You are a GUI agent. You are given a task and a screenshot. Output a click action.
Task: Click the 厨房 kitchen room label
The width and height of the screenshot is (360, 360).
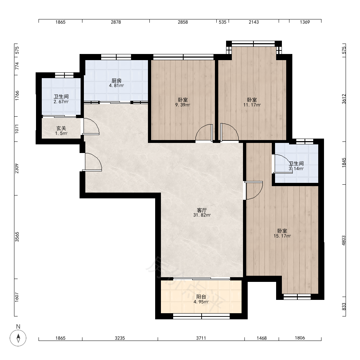[x=116, y=81]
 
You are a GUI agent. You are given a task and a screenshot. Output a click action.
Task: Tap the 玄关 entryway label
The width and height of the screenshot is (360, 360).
[x=61, y=129]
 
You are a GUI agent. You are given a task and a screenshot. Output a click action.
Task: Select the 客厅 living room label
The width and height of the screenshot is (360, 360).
[x=202, y=210]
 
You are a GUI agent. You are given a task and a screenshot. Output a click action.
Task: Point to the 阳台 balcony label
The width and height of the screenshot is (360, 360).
[x=201, y=297]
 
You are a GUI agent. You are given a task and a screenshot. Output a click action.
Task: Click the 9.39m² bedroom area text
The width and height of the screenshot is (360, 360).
[x=183, y=105]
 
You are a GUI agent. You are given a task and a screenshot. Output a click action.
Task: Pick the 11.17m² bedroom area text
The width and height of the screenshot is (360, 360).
[x=252, y=105]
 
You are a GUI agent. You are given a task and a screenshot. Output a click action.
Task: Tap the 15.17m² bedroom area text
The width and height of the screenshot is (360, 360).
[x=282, y=236]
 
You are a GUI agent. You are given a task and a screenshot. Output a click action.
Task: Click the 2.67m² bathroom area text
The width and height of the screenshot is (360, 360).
[x=61, y=102]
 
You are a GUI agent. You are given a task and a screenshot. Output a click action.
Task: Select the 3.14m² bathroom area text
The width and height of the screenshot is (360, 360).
[x=296, y=168]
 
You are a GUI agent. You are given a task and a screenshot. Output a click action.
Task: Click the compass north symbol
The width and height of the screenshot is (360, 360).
[x=18, y=338]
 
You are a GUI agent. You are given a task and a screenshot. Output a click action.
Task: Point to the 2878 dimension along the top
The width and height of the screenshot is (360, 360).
[x=116, y=22]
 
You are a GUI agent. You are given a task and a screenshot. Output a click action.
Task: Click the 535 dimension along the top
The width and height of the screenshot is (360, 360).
[x=222, y=22]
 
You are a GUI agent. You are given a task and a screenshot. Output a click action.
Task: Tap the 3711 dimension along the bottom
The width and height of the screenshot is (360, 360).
[x=201, y=338]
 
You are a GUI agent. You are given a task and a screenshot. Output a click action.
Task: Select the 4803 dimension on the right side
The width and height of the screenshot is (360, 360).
[x=344, y=240]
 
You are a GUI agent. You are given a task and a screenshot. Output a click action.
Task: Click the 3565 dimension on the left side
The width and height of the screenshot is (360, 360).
[x=17, y=237]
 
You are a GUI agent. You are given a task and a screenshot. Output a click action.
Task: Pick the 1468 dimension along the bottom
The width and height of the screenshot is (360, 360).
[x=261, y=338]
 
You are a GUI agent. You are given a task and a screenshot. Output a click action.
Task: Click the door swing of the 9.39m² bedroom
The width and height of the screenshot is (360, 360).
[x=204, y=132]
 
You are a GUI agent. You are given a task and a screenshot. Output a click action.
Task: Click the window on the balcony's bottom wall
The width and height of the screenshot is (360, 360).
[x=201, y=316]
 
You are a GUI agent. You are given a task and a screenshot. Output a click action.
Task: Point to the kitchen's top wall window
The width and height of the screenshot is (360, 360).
[x=116, y=57]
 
